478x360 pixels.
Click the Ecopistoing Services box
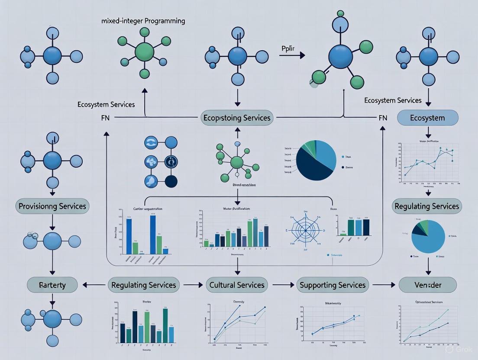pyautogui.click(x=237, y=118)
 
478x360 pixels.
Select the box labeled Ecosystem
pyautogui.click(x=427, y=118)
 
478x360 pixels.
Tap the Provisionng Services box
pyautogui.click(x=52, y=206)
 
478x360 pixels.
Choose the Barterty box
pyautogui.click(x=52, y=285)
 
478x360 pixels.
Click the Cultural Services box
pyautogui.click(x=237, y=285)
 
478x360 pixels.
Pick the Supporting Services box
pyautogui.click(x=333, y=285)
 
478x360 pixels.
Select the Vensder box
pyautogui.click(x=427, y=285)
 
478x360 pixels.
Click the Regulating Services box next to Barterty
pyautogui.click(x=144, y=285)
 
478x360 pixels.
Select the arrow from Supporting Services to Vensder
pyautogui.click(x=384, y=285)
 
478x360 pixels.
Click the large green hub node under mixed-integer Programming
pyautogui.click(x=144, y=52)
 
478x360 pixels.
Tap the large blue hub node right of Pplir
pyautogui.click(x=340, y=57)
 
